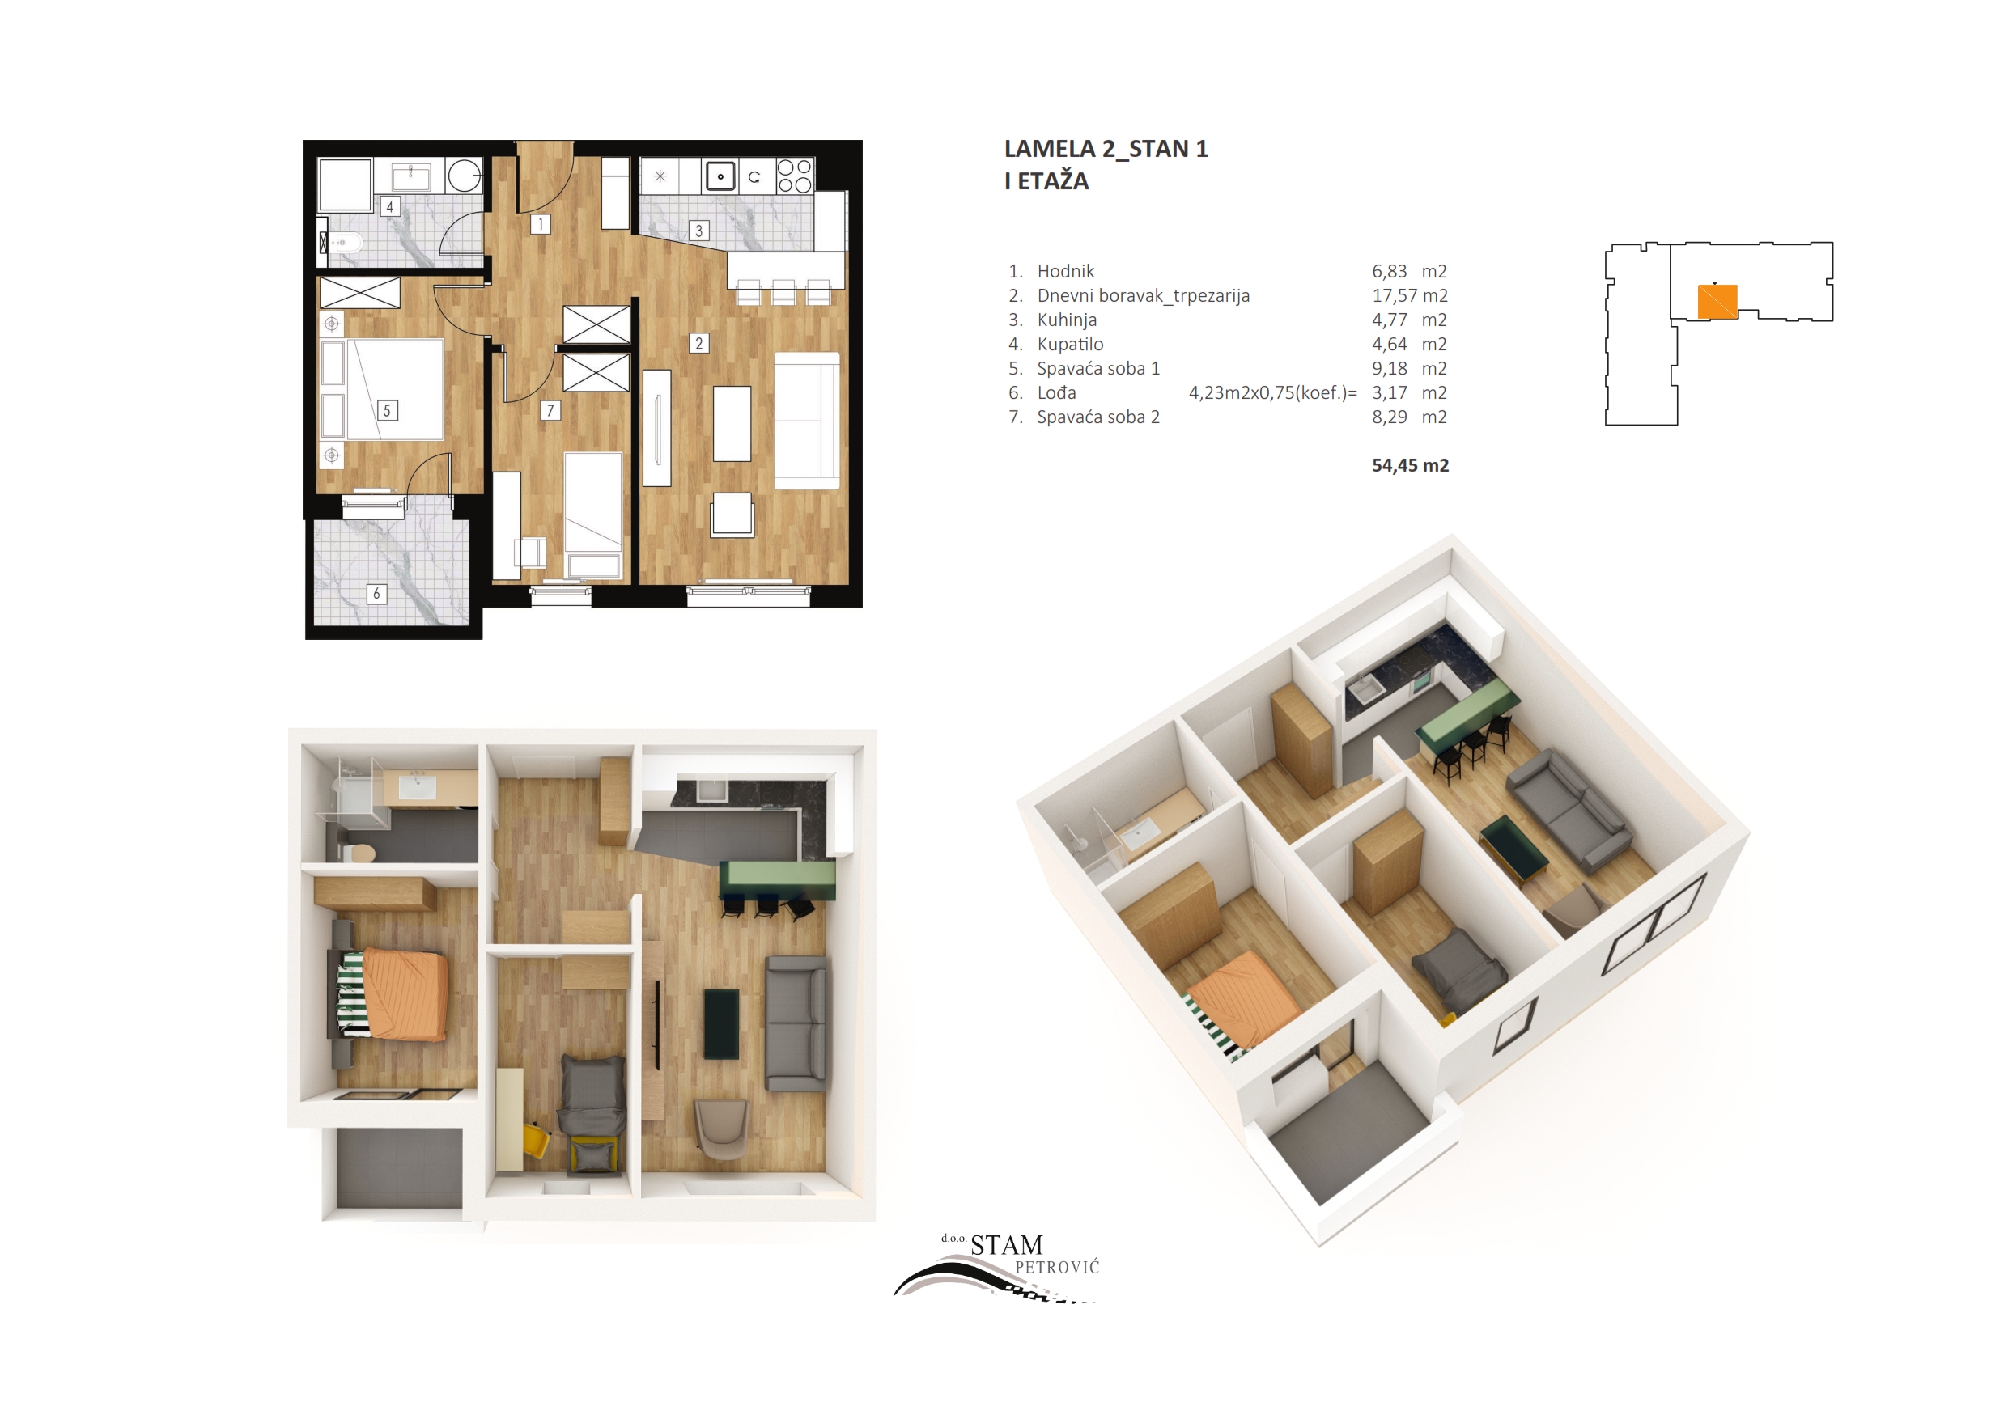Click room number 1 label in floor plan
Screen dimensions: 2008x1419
541,224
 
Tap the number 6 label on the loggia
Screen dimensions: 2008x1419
376,594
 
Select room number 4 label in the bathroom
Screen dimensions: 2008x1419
390,206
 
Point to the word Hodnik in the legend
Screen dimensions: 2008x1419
1065,271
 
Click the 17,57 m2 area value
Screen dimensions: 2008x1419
1410,295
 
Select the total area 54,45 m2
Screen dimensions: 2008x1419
1410,465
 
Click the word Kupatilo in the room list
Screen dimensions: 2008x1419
1070,345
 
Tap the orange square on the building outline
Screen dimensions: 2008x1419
1717,302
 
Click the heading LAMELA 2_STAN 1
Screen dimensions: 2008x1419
1106,150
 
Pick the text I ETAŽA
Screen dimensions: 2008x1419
1046,181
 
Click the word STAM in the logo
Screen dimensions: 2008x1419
1007,1245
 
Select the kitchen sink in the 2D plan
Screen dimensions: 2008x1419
720,176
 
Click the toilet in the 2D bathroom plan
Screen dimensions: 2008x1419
344,242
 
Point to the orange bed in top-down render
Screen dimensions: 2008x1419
403,994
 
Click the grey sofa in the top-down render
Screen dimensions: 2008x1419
796,1023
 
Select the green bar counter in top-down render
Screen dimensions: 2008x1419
777,879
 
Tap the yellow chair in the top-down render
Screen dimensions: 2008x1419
534,1140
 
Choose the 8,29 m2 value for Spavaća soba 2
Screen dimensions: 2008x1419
1410,417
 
